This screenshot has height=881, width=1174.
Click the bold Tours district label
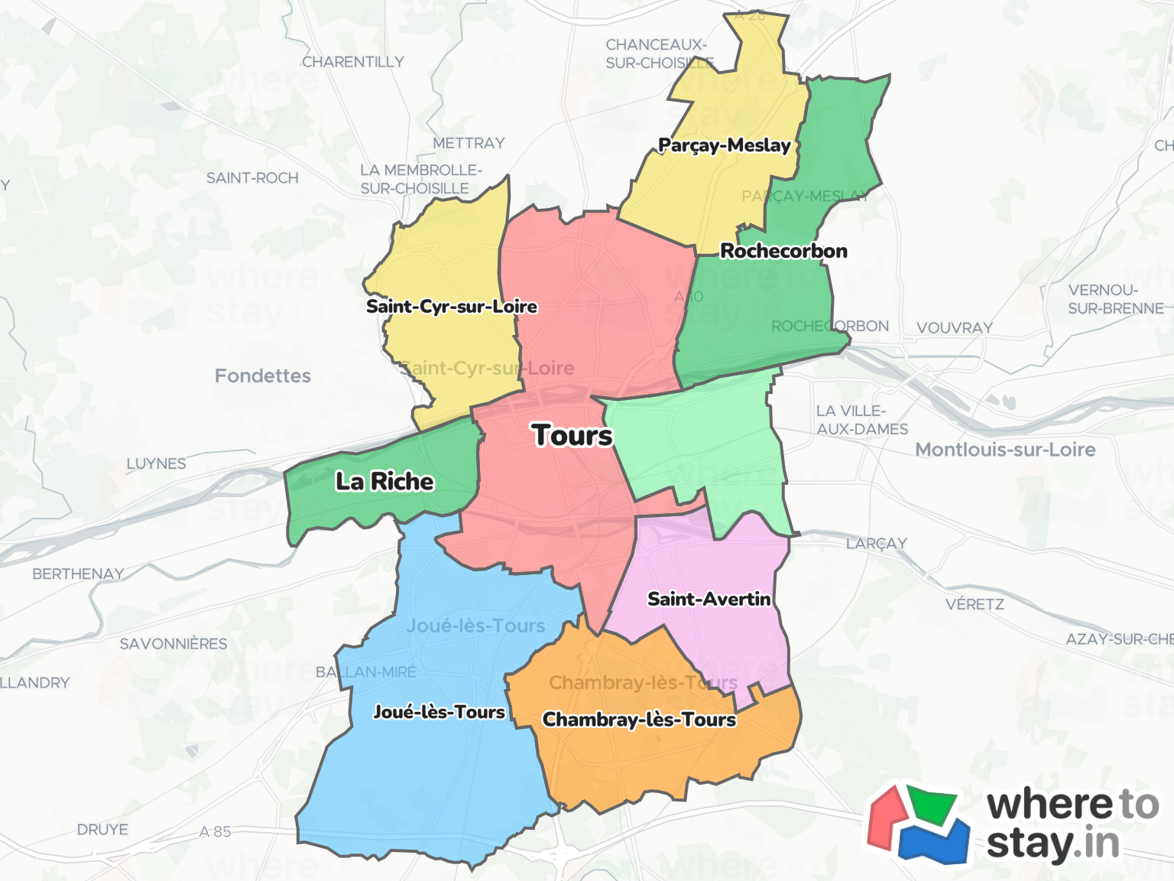click(x=572, y=435)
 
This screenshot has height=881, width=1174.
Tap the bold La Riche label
click(x=384, y=481)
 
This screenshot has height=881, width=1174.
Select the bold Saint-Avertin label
click(x=709, y=599)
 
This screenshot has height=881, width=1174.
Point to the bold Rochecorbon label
click(x=783, y=251)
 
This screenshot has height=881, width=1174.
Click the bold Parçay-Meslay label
click(x=724, y=145)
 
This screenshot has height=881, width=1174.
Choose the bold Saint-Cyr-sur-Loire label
click(x=451, y=307)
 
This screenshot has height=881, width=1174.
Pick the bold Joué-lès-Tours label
click(x=439, y=712)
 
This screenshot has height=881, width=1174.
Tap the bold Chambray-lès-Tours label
click(x=639, y=720)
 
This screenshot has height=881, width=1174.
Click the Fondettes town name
click(x=263, y=375)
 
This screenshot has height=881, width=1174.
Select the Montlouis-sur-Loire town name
click(x=1005, y=450)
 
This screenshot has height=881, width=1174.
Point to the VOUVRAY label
click(x=955, y=328)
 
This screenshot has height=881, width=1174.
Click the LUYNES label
click(x=156, y=463)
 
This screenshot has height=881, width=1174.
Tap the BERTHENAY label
click(x=78, y=574)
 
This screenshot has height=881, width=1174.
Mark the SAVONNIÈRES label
click(x=174, y=644)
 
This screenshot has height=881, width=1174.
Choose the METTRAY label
click(x=469, y=143)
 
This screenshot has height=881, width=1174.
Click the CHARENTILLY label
click(x=352, y=62)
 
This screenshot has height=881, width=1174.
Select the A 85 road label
click(x=215, y=831)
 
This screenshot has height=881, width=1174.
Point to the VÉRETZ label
click(x=975, y=604)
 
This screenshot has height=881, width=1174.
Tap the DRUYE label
click(x=102, y=830)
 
